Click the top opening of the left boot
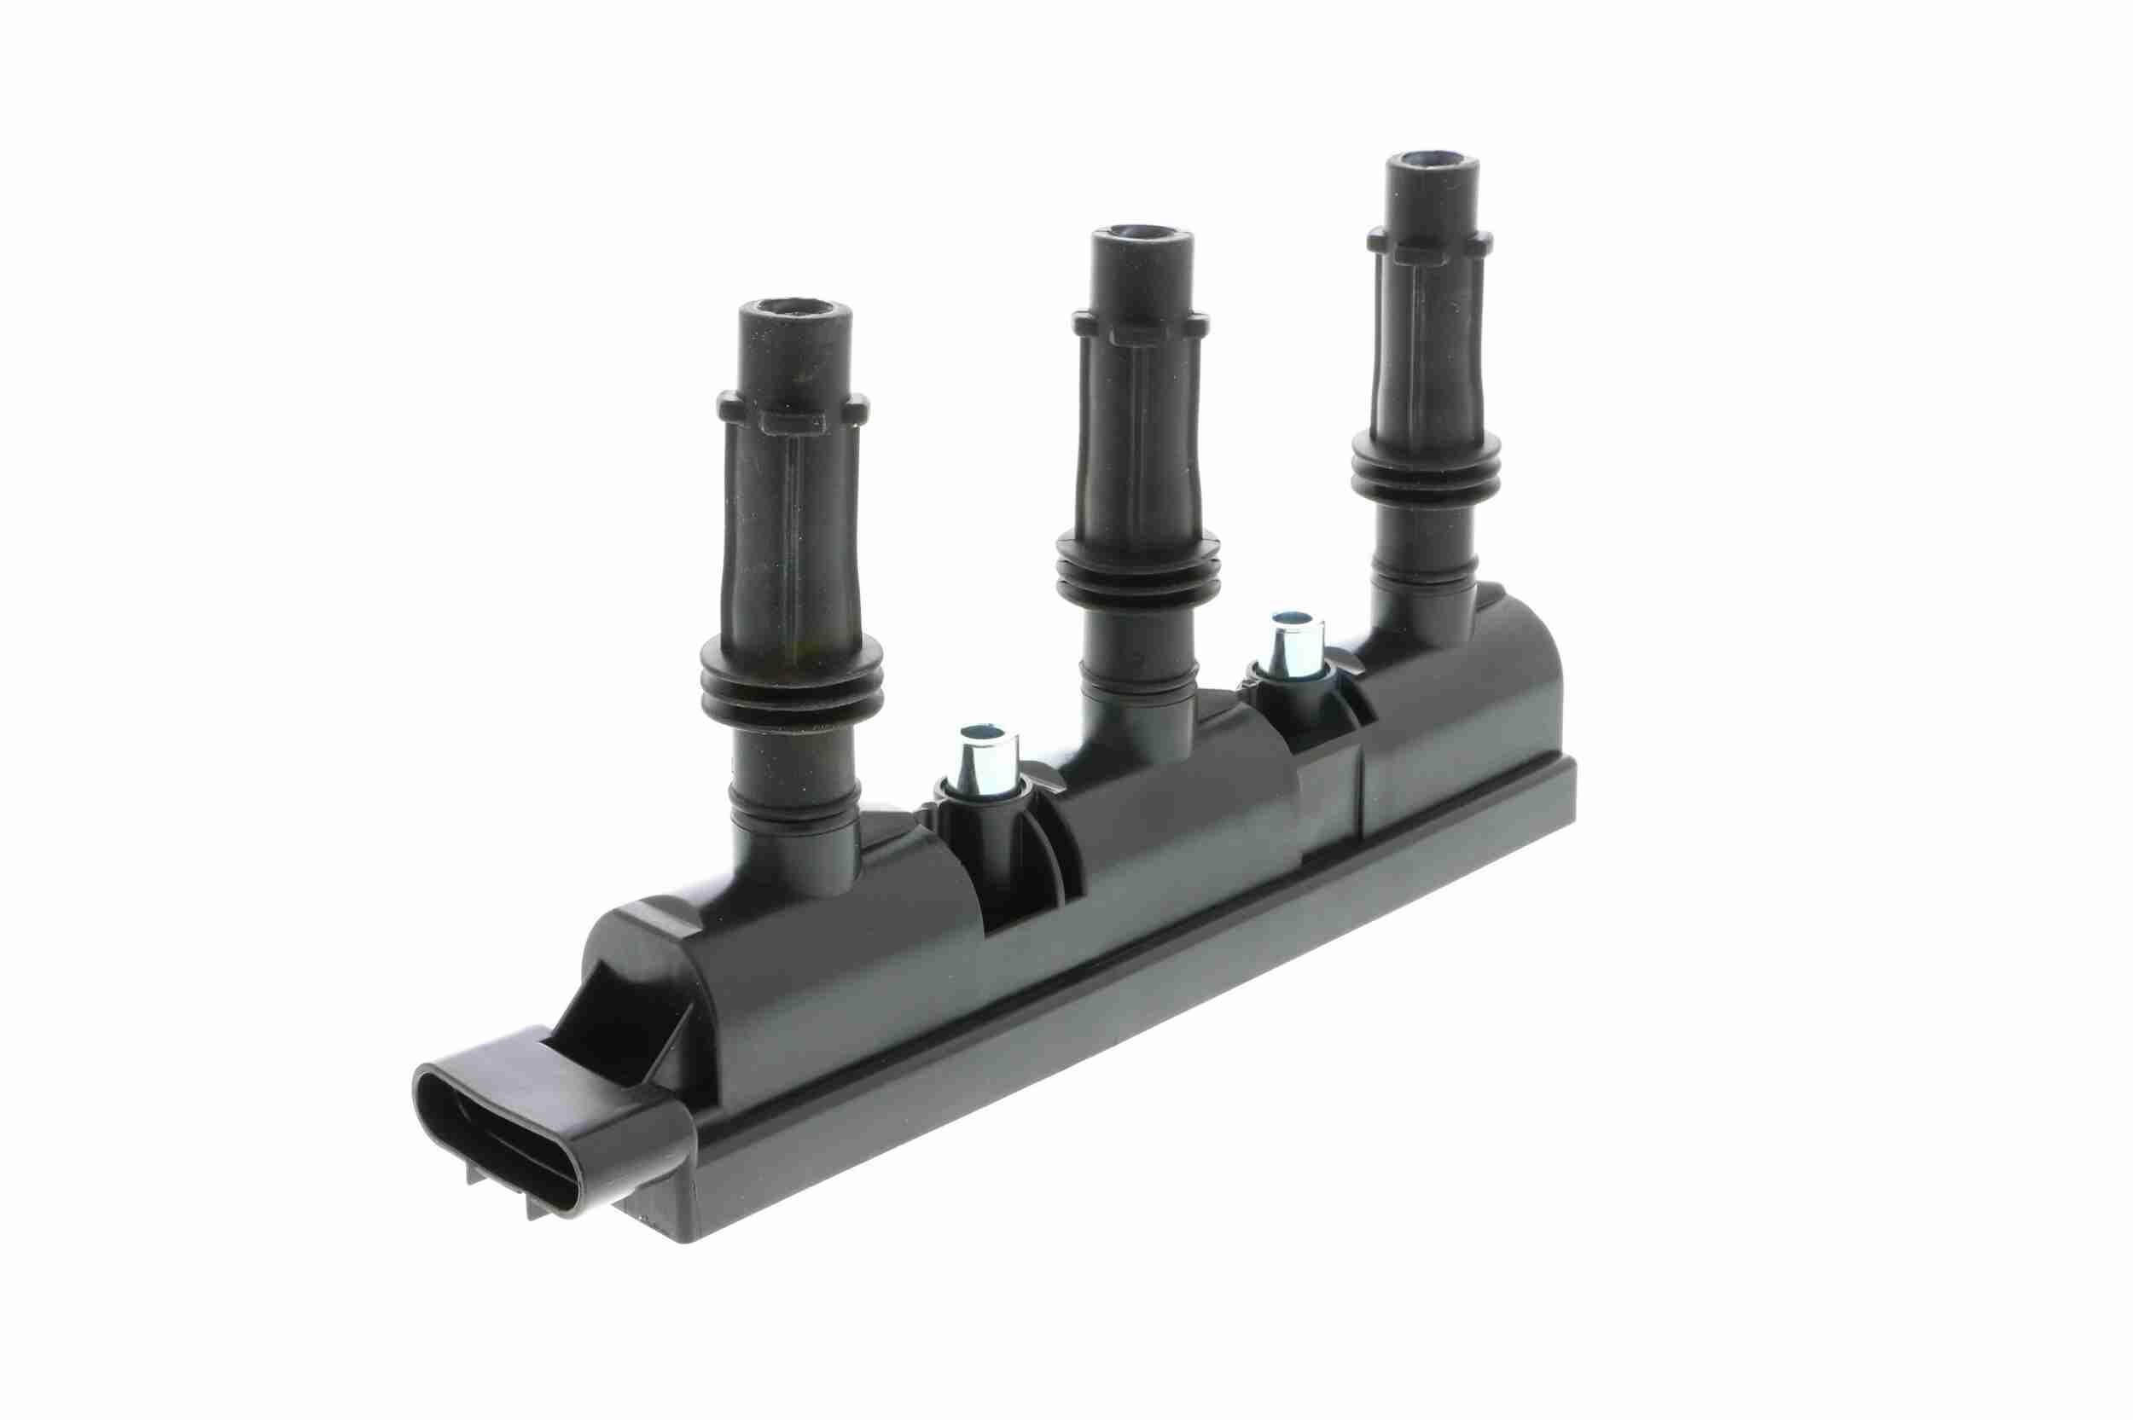point(794,309)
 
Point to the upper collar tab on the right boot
point(1429,246)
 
